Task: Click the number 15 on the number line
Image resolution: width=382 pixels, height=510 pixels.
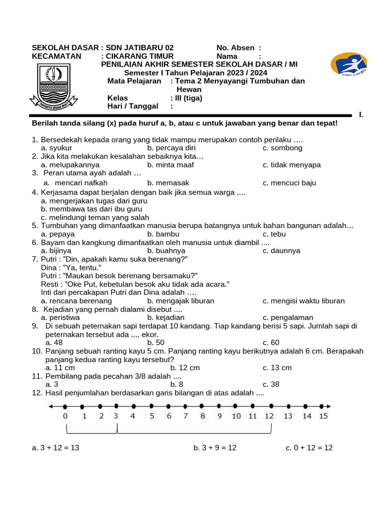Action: coord(323,416)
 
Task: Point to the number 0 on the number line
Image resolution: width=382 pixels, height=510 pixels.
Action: coord(65,416)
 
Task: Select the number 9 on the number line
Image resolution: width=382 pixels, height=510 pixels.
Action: coord(219,416)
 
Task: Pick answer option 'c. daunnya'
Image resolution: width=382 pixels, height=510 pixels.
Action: coord(282,251)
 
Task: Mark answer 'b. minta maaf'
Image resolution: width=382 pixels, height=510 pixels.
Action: coord(171,165)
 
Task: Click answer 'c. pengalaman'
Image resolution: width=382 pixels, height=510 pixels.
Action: coord(288,317)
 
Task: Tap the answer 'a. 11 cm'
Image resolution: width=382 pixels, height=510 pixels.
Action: coord(60,368)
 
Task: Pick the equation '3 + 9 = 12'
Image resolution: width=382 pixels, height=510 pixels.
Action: coord(215,448)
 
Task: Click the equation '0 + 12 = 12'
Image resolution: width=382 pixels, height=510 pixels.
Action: coord(309,448)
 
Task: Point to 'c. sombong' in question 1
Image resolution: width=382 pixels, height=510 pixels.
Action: coord(283,148)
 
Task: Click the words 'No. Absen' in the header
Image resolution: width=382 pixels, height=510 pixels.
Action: coord(235,47)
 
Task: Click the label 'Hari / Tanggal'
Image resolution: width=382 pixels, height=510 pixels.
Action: coord(133,106)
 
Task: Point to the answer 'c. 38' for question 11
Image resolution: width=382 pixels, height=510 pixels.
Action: coord(272,384)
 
